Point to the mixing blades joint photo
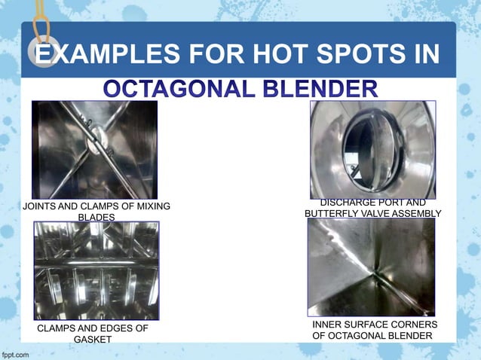tap(94, 149)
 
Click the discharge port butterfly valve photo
tap(372, 149)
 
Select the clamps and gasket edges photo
tap(97, 270)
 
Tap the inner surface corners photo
tap(371, 267)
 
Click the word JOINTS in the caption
tap(41, 206)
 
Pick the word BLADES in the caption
tap(97, 218)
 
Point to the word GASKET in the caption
tap(93, 340)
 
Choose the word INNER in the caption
tap(327, 324)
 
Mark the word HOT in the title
tap(261, 55)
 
